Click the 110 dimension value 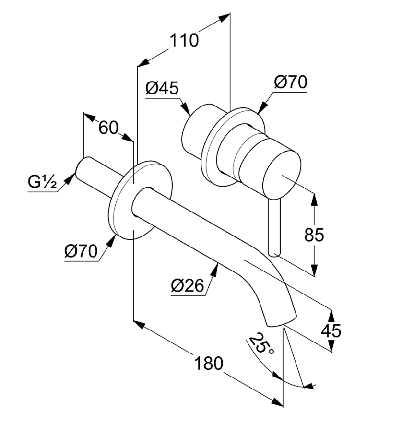point(184,41)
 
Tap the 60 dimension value point(108,128)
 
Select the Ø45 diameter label point(162,88)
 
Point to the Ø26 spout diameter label point(188,285)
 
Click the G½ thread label point(42,182)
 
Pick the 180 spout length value point(209,363)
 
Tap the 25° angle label point(261,343)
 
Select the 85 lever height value point(314,235)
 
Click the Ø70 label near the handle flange point(291,82)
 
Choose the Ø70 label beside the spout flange point(81,251)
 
